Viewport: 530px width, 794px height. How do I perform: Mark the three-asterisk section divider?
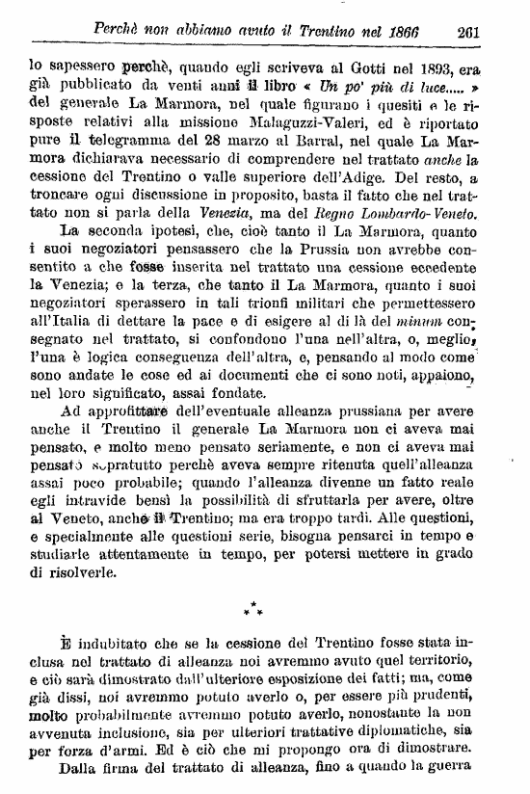254,610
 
